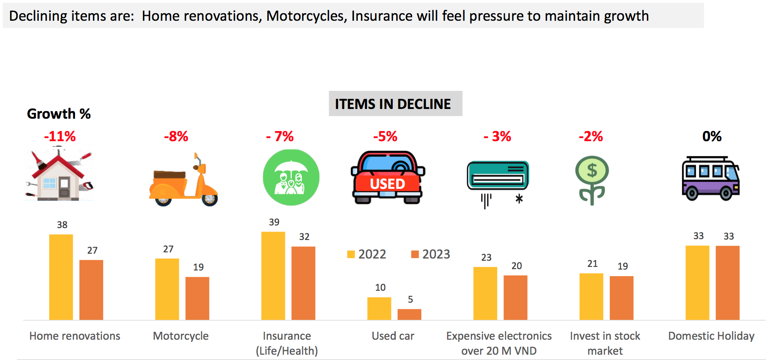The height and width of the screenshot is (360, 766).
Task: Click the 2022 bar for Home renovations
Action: pos(61,277)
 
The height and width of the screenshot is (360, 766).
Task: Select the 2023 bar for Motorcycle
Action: pos(197,298)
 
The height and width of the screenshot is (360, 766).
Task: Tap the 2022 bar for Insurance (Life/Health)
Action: pos(273,276)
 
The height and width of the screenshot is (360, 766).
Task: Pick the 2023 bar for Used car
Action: pos(409,314)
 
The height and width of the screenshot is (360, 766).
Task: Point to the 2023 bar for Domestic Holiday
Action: pos(728,283)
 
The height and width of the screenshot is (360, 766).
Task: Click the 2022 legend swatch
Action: pos(351,254)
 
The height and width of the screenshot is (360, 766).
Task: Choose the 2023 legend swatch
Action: pos(415,254)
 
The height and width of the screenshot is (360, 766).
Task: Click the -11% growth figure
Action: pos(60,136)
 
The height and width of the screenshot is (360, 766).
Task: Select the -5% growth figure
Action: pos(385,136)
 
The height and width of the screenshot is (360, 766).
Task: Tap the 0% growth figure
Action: pos(712,136)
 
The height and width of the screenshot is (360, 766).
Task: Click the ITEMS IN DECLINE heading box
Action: pos(395,104)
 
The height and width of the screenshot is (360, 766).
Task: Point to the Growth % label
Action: pos(59,114)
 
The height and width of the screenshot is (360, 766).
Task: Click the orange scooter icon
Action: pos(183,181)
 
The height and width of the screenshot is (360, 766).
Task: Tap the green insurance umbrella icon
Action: pos(291,177)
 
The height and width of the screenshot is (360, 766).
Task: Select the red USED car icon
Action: pos(388,177)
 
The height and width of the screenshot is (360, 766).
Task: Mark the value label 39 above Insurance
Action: pos(274,222)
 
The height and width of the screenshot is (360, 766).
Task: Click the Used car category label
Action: pos(393,336)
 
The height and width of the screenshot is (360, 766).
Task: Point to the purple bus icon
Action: pos(710,178)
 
